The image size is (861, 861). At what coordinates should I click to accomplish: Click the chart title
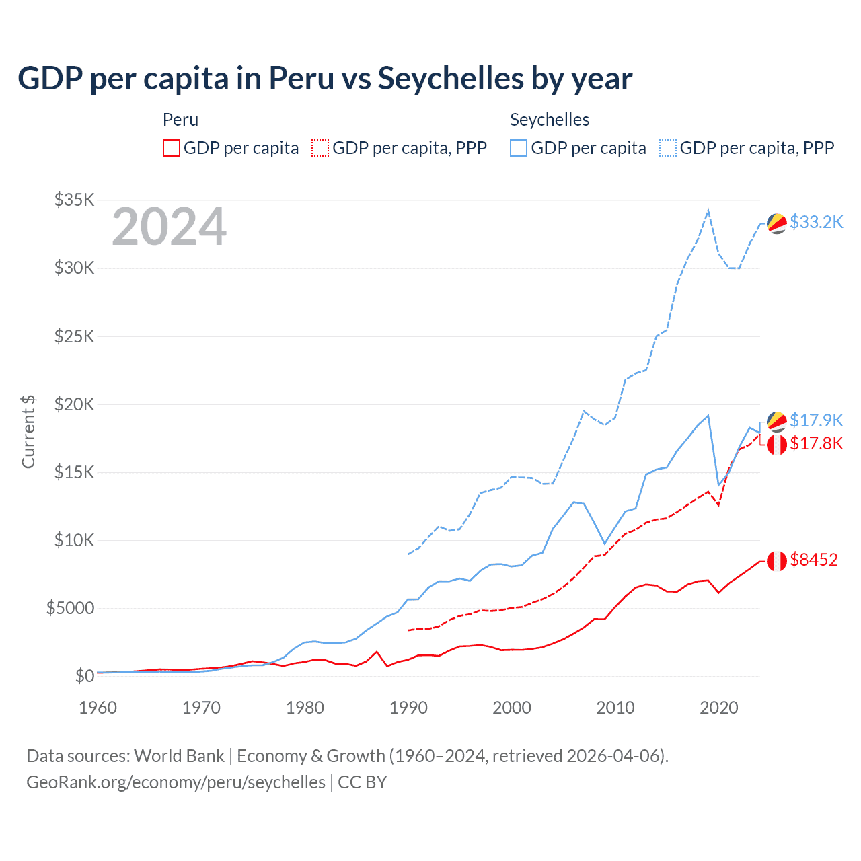coord(325,79)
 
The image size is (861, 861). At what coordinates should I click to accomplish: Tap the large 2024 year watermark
coord(169,227)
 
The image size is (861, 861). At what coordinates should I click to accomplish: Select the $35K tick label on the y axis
coord(75,200)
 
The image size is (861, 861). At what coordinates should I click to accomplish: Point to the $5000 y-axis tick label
coord(70,608)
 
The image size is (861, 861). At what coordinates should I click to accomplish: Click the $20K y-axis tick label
coord(75,404)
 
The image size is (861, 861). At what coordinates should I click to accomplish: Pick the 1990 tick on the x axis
coord(408,708)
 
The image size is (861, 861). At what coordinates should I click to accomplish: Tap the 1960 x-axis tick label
coord(98,708)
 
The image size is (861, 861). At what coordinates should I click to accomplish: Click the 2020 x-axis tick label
coord(719,708)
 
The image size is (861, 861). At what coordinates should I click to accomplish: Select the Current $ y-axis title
coord(28,431)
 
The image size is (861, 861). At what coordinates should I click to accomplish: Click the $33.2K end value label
coord(816,222)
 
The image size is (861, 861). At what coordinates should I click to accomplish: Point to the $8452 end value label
coord(813,560)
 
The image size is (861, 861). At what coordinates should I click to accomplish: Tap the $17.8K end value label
coord(816,443)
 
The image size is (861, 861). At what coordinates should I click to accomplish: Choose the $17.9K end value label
coord(816,420)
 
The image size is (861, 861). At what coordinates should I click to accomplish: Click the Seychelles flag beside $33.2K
coord(777,223)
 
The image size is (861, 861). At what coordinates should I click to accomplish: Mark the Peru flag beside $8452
coord(777,560)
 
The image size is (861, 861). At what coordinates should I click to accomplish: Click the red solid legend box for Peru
coord(172,148)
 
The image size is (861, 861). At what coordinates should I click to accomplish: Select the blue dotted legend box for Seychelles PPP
coord(668,148)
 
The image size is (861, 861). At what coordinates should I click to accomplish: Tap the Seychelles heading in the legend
coord(550,120)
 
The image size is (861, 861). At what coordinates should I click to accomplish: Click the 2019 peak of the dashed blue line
coord(708,211)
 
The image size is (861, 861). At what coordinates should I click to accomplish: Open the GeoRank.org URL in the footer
coord(176,782)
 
